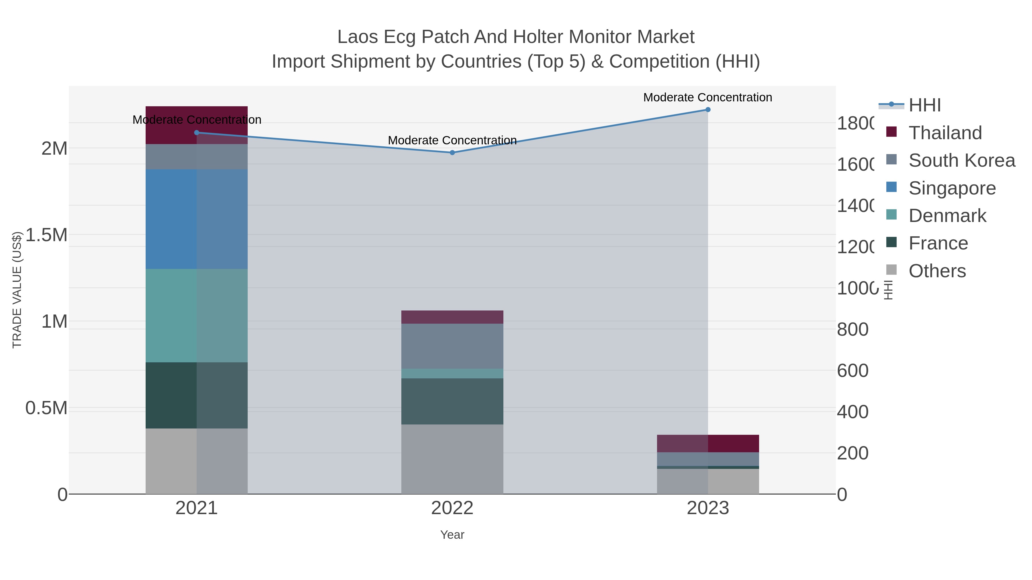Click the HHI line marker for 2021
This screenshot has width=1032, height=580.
point(196,133)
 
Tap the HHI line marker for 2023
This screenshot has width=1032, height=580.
point(707,110)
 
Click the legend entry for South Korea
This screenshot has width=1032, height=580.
point(961,160)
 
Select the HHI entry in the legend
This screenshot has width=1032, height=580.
point(924,105)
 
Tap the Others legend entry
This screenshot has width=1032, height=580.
point(937,271)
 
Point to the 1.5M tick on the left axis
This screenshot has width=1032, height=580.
point(46,235)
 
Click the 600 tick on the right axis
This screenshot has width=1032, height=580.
point(853,371)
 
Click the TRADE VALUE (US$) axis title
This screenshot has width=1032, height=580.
point(17,290)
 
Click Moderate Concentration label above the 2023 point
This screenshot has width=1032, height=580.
point(707,97)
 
